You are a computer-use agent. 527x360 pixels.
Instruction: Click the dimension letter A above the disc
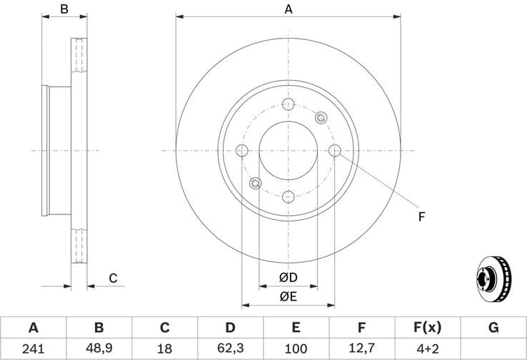288,9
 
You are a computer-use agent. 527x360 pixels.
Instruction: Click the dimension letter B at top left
64,9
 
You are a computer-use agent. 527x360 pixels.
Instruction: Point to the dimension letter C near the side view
113,278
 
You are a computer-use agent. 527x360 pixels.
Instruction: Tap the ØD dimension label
288,277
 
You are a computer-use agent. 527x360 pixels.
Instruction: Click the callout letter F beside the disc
421,216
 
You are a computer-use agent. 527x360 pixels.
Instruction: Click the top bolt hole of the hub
288,104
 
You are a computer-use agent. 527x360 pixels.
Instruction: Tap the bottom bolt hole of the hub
288,197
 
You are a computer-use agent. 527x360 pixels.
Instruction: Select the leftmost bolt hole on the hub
241,151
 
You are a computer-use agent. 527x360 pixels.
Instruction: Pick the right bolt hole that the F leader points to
335,151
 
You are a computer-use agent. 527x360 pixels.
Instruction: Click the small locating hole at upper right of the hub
321,118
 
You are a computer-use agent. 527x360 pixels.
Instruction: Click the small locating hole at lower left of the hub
255,184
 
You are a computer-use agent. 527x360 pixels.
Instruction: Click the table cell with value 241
33,349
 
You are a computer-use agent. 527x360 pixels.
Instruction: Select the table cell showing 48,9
99,349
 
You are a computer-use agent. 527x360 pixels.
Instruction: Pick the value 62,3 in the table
230,349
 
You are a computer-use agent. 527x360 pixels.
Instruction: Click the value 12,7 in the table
361,349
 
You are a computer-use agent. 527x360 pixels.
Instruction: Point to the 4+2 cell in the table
427,349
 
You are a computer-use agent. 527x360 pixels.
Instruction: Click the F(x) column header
427,328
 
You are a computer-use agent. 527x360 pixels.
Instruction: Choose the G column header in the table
493,328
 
